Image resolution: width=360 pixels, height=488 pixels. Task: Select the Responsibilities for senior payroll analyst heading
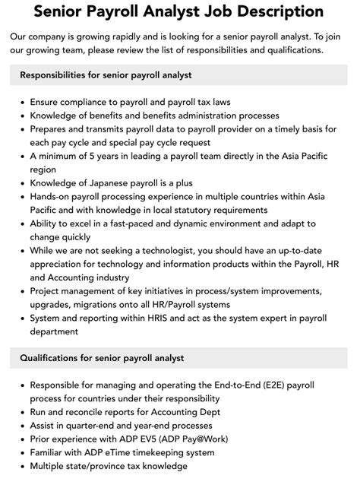point(106,74)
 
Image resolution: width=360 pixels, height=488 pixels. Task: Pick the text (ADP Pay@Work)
point(202,438)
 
